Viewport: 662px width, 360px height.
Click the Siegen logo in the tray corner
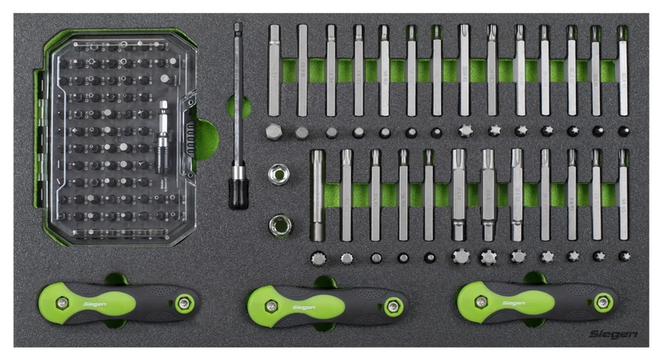(613, 334)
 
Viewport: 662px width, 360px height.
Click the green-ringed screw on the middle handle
(392, 306)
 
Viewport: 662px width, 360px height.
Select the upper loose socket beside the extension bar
(278, 174)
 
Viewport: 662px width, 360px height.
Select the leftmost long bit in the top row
(275, 70)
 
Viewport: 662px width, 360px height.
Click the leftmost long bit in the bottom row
(318, 194)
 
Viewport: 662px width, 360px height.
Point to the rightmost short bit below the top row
(623, 131)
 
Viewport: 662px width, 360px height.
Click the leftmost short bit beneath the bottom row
(318, 257)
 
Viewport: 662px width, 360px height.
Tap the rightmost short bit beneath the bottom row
(623, 257)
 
